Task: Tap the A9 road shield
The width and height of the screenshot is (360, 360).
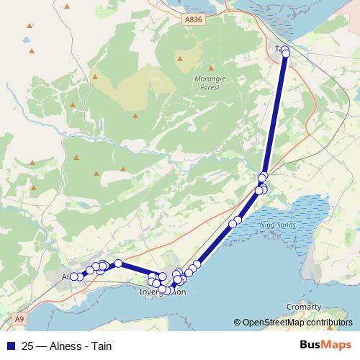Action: (19, 318)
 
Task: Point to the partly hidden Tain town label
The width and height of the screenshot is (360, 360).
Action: (279, 48)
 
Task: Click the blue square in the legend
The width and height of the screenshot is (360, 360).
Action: (10, 346)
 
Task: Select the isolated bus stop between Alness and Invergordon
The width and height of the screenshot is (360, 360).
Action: (118, 264)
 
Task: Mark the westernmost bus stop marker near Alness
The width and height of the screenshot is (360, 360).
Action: (73, 276)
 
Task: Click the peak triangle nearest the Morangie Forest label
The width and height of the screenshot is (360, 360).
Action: (181, 59)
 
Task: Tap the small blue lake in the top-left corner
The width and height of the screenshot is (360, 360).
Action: (27, 40)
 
